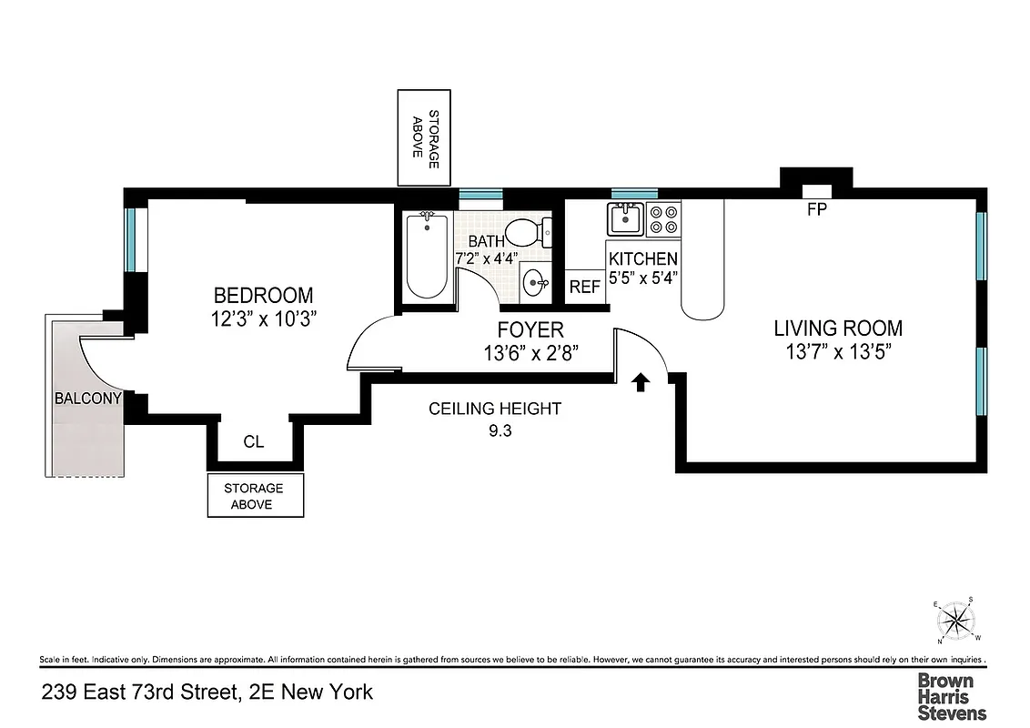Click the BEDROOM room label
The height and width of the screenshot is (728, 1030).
click(263, 296)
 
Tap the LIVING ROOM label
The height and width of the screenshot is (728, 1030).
click(838, 328)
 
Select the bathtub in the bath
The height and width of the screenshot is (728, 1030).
click(426, 256)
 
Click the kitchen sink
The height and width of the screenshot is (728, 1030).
click(626, 219)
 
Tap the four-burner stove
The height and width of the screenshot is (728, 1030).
click(663, 219)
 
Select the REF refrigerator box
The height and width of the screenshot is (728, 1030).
click(584, 287)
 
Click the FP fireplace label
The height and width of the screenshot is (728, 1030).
click(816, 208)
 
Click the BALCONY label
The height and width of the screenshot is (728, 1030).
click(87, 398)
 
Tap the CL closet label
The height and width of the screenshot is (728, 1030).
click(254, 442)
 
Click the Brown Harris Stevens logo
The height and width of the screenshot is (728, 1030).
click(951, 696)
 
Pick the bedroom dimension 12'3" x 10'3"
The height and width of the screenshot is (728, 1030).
click(263, 319)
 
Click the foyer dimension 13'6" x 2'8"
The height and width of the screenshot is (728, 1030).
click(530, 352)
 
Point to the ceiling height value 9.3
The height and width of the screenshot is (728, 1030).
click(500, 433)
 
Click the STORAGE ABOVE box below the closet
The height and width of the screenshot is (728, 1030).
click(254, 496)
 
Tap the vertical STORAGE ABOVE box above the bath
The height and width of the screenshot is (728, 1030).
click(425, 138)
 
